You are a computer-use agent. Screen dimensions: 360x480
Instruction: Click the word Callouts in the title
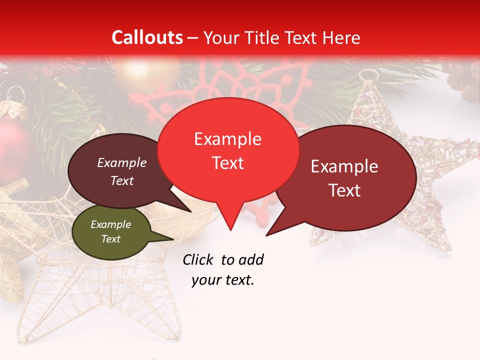pos(147,37)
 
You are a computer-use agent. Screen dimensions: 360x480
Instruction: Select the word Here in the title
pos(341,37)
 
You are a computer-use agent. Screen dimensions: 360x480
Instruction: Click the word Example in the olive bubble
pos(110,224)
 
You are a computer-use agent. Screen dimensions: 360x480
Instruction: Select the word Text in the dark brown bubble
pos(122,180)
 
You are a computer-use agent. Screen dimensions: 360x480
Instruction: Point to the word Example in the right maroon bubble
pos(344,166)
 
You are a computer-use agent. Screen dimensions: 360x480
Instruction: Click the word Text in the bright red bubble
pos(228,163)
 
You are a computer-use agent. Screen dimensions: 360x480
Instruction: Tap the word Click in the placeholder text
pos(198,259)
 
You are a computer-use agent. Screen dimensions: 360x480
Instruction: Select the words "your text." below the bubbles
pos(223,280)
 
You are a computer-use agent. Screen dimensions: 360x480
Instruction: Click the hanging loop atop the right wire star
pos(367,75)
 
